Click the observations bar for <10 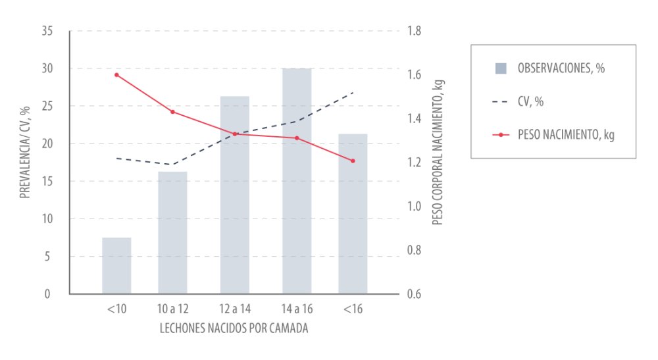(x=116, y=265)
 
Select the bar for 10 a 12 (x=172, y=232)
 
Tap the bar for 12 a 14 (x=235, y=195)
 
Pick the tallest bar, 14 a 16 (x=297, y=181)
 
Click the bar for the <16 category (x=353, y=214)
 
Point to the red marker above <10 (x=116, y=75)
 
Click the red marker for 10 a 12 (x=172, y=112)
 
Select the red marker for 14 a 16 (x=297, y=138)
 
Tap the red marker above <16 (x=353, y=161)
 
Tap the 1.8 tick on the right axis (x=415, y=31)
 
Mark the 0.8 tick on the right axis (x=415, y=250)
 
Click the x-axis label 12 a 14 (x=235, y=309)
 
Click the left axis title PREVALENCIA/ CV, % (x=25, y=152)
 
